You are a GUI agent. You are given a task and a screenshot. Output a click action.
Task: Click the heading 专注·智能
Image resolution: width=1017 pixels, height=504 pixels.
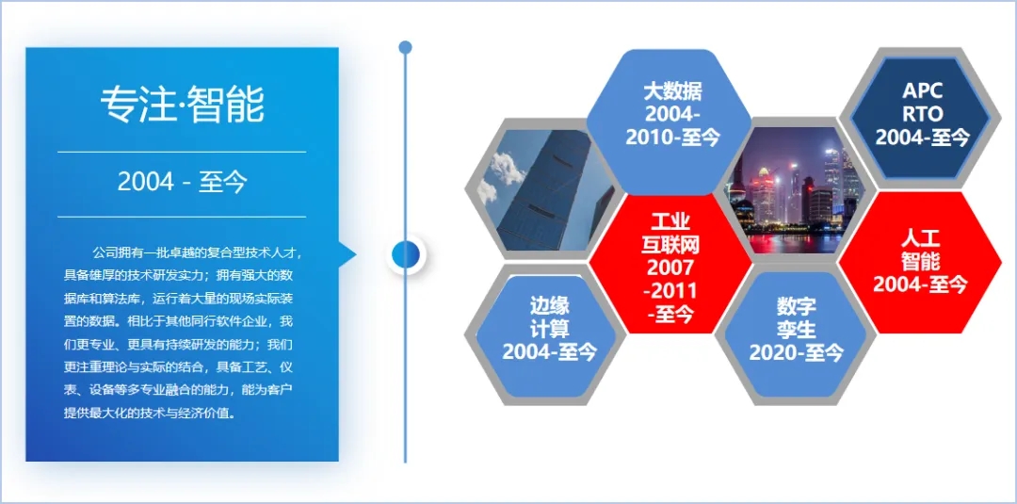183,105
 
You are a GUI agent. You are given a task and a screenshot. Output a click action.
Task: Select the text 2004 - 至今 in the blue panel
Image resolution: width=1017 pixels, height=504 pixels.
183,183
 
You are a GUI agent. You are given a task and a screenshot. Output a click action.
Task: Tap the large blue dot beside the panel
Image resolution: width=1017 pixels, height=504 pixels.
405,254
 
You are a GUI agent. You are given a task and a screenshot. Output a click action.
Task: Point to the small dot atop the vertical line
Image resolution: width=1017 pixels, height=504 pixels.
405,47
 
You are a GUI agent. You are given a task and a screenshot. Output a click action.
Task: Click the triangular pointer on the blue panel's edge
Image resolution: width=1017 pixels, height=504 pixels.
347,254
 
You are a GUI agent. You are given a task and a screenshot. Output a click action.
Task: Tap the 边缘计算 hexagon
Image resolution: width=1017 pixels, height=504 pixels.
546,334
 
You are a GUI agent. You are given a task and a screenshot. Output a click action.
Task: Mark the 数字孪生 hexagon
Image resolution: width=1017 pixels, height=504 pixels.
795,334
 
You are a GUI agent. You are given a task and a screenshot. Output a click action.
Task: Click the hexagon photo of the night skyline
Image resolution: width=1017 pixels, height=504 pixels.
795,190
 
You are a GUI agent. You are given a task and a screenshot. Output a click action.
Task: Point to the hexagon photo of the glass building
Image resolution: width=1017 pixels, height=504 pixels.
546,190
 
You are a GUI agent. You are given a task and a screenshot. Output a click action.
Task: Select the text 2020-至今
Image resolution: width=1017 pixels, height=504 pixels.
796,353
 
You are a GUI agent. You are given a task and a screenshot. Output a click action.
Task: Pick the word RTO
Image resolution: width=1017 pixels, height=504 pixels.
922,113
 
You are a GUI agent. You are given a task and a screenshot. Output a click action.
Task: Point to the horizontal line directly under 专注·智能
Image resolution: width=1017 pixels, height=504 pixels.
182,152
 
